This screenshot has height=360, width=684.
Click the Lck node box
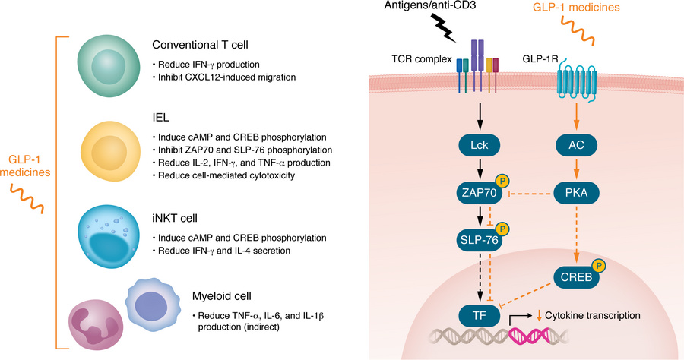tap(478, 144)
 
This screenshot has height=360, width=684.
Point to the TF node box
tap(478, 314)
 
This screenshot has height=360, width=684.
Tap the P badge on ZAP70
tap(502, 182)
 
